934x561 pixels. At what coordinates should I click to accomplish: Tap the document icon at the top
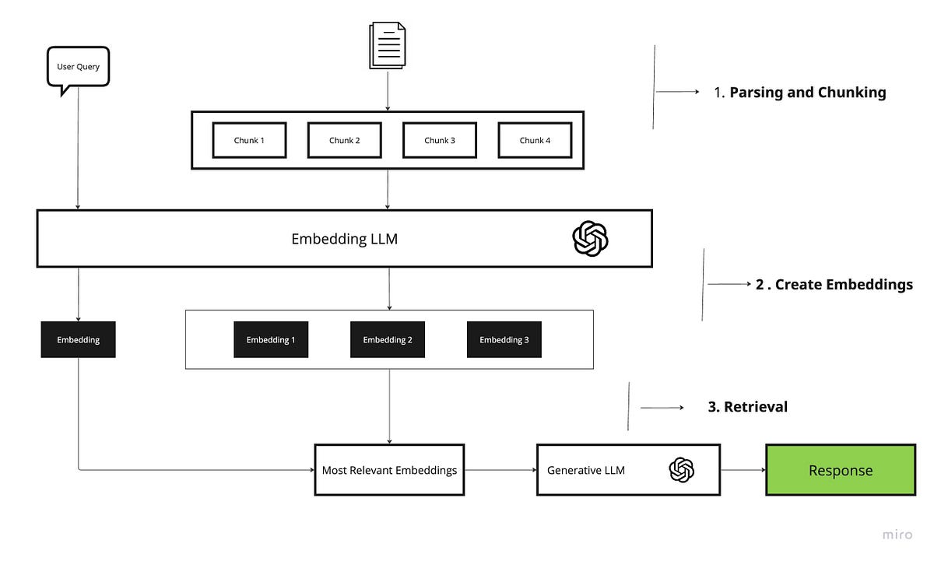388,46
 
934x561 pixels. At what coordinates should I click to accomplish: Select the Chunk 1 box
249,140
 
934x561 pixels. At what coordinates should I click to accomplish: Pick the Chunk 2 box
344,140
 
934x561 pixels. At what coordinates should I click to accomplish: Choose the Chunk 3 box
440,140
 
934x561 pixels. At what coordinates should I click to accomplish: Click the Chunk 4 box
535,140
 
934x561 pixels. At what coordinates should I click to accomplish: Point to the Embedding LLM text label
344,239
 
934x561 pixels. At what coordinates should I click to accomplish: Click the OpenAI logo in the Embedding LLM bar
590,238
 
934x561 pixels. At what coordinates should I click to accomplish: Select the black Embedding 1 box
271,340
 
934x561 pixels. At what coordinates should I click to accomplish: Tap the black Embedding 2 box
388,340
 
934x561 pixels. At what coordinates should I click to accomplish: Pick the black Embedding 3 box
504,340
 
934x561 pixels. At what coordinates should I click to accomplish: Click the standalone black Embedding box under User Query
78,340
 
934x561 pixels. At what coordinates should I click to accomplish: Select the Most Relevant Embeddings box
389,470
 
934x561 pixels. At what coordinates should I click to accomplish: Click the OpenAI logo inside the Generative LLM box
681,470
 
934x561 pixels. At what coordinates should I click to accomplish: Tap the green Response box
841,470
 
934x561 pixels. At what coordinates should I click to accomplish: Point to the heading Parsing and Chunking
800,93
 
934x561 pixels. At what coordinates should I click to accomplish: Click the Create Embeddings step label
834,285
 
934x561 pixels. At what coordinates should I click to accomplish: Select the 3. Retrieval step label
747,407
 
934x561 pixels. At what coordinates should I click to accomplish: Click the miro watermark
897,535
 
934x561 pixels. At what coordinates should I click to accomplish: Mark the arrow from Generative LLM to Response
743,470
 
